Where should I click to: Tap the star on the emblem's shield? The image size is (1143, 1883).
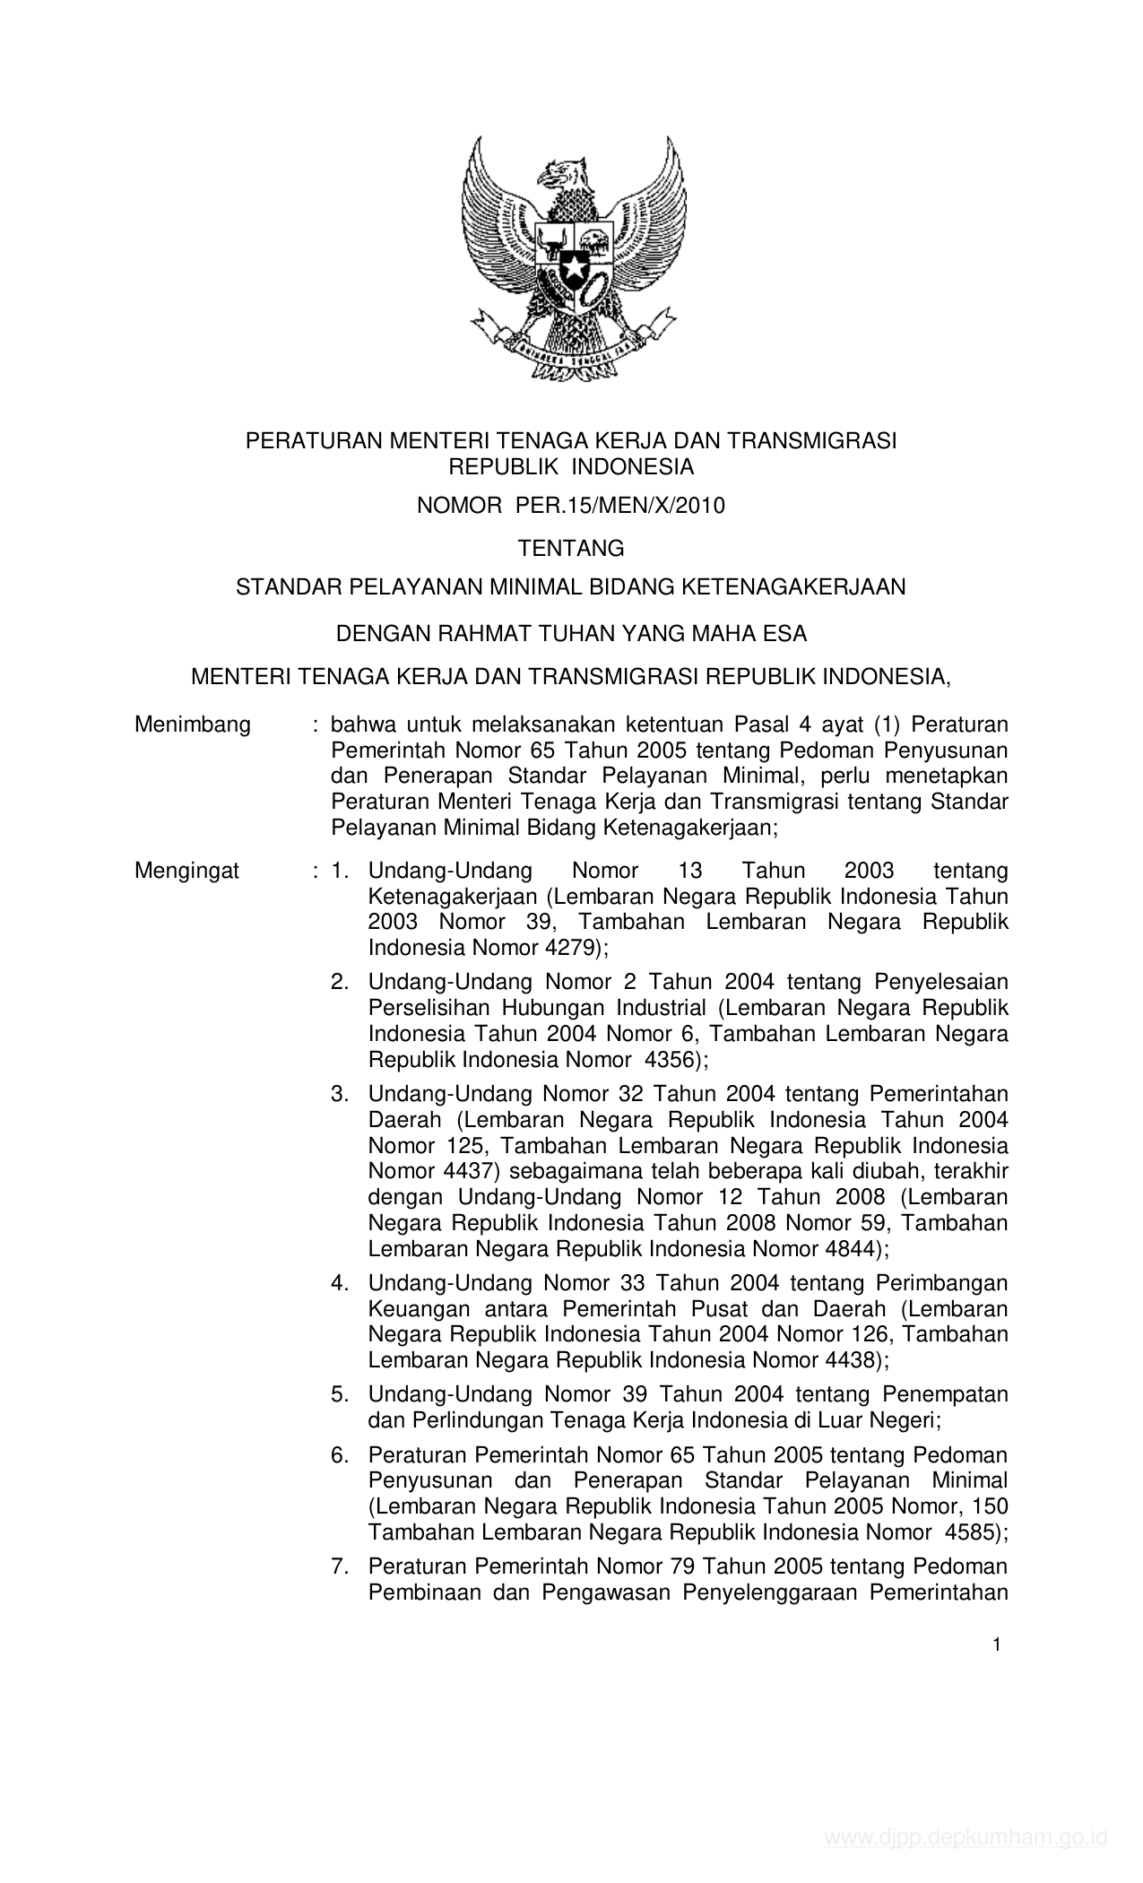572,267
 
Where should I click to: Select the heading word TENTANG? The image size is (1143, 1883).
571,547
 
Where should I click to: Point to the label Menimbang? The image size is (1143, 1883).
193,725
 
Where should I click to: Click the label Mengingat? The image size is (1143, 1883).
187,871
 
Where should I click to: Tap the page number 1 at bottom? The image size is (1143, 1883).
996,1644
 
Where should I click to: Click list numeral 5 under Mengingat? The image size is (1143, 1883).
339,1395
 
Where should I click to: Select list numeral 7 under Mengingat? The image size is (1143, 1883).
339,1567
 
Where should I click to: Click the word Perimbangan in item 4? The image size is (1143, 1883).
940,1283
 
